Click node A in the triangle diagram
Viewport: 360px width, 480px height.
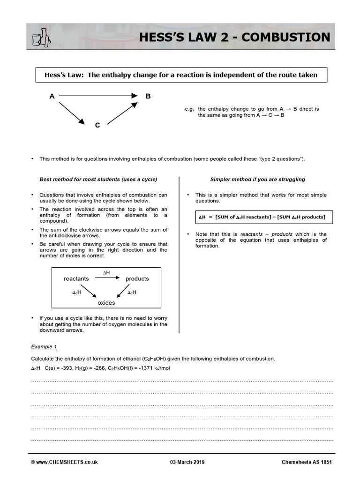pos(52,96)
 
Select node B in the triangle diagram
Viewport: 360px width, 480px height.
pos(148,96)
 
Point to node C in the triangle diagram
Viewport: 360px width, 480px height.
pos(97,125)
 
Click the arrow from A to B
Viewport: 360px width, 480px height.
pos(98,96)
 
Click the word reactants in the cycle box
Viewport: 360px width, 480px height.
pos(76,278)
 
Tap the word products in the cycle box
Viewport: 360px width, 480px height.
pos(137,278)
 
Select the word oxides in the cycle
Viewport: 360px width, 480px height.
pos(106,303)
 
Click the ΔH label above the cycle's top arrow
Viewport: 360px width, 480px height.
pos(106,272)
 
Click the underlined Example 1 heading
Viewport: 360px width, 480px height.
pos(44,347)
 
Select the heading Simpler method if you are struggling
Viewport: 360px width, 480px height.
pos(257,179)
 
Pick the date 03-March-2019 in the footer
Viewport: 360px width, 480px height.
pos(190,462)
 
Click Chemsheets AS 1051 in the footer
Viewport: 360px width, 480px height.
pos(307,462)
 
